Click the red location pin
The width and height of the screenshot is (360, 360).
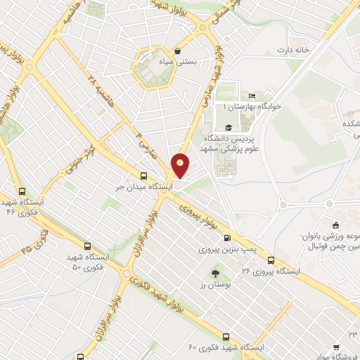point(181,165)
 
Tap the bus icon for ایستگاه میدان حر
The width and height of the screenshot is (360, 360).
point(143,176)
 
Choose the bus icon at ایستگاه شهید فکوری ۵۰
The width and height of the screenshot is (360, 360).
point(87,246)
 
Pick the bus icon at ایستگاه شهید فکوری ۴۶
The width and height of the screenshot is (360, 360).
point(22,191)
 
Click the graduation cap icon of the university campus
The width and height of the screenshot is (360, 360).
point(228,127)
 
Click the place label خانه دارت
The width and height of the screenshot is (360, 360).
point(293,50)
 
